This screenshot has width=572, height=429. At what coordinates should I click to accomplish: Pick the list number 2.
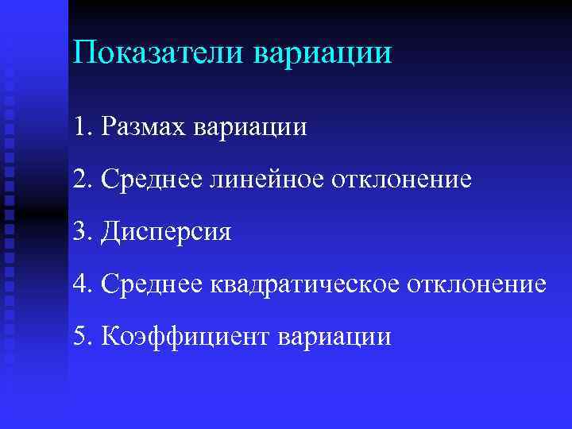click(78, 179)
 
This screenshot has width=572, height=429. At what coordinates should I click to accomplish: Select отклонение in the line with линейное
click(392, 180)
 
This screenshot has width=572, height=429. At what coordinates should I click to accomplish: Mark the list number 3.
click(78, 231)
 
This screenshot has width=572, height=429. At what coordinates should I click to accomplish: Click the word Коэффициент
click(184, 336)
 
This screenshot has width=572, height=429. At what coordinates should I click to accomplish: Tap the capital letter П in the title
click(82, 54)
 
